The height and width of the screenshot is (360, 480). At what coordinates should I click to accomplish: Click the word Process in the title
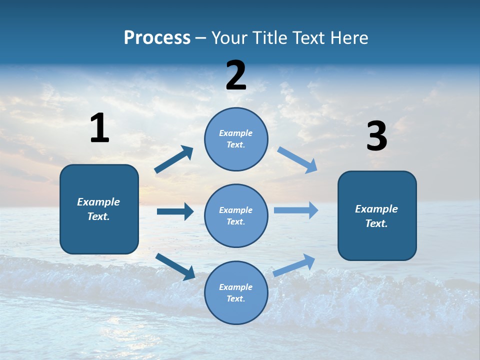(157, 38)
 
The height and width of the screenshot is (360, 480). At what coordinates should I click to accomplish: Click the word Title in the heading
(269, 38)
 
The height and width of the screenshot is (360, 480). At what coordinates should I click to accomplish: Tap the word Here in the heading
(348, 38)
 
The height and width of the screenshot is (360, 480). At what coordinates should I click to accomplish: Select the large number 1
(99, 128)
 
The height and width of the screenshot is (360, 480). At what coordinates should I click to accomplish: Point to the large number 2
(236, 76)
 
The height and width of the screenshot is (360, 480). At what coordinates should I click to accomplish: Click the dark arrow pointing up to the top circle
(173, 160)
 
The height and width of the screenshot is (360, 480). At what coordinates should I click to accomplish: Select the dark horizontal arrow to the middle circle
(175, 211)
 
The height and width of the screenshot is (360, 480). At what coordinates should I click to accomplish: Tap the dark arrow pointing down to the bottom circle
(175, 266)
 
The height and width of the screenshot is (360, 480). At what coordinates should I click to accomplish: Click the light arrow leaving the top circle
(297, 159)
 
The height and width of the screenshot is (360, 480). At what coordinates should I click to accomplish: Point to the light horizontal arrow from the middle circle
(296, 210)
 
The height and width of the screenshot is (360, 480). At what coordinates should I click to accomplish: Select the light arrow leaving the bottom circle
(294, 265)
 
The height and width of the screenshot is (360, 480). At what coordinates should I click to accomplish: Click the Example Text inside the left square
(98, 209)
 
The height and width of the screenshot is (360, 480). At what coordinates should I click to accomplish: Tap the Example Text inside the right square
(376, 216)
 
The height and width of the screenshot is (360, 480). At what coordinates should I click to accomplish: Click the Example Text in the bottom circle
(236, 293)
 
